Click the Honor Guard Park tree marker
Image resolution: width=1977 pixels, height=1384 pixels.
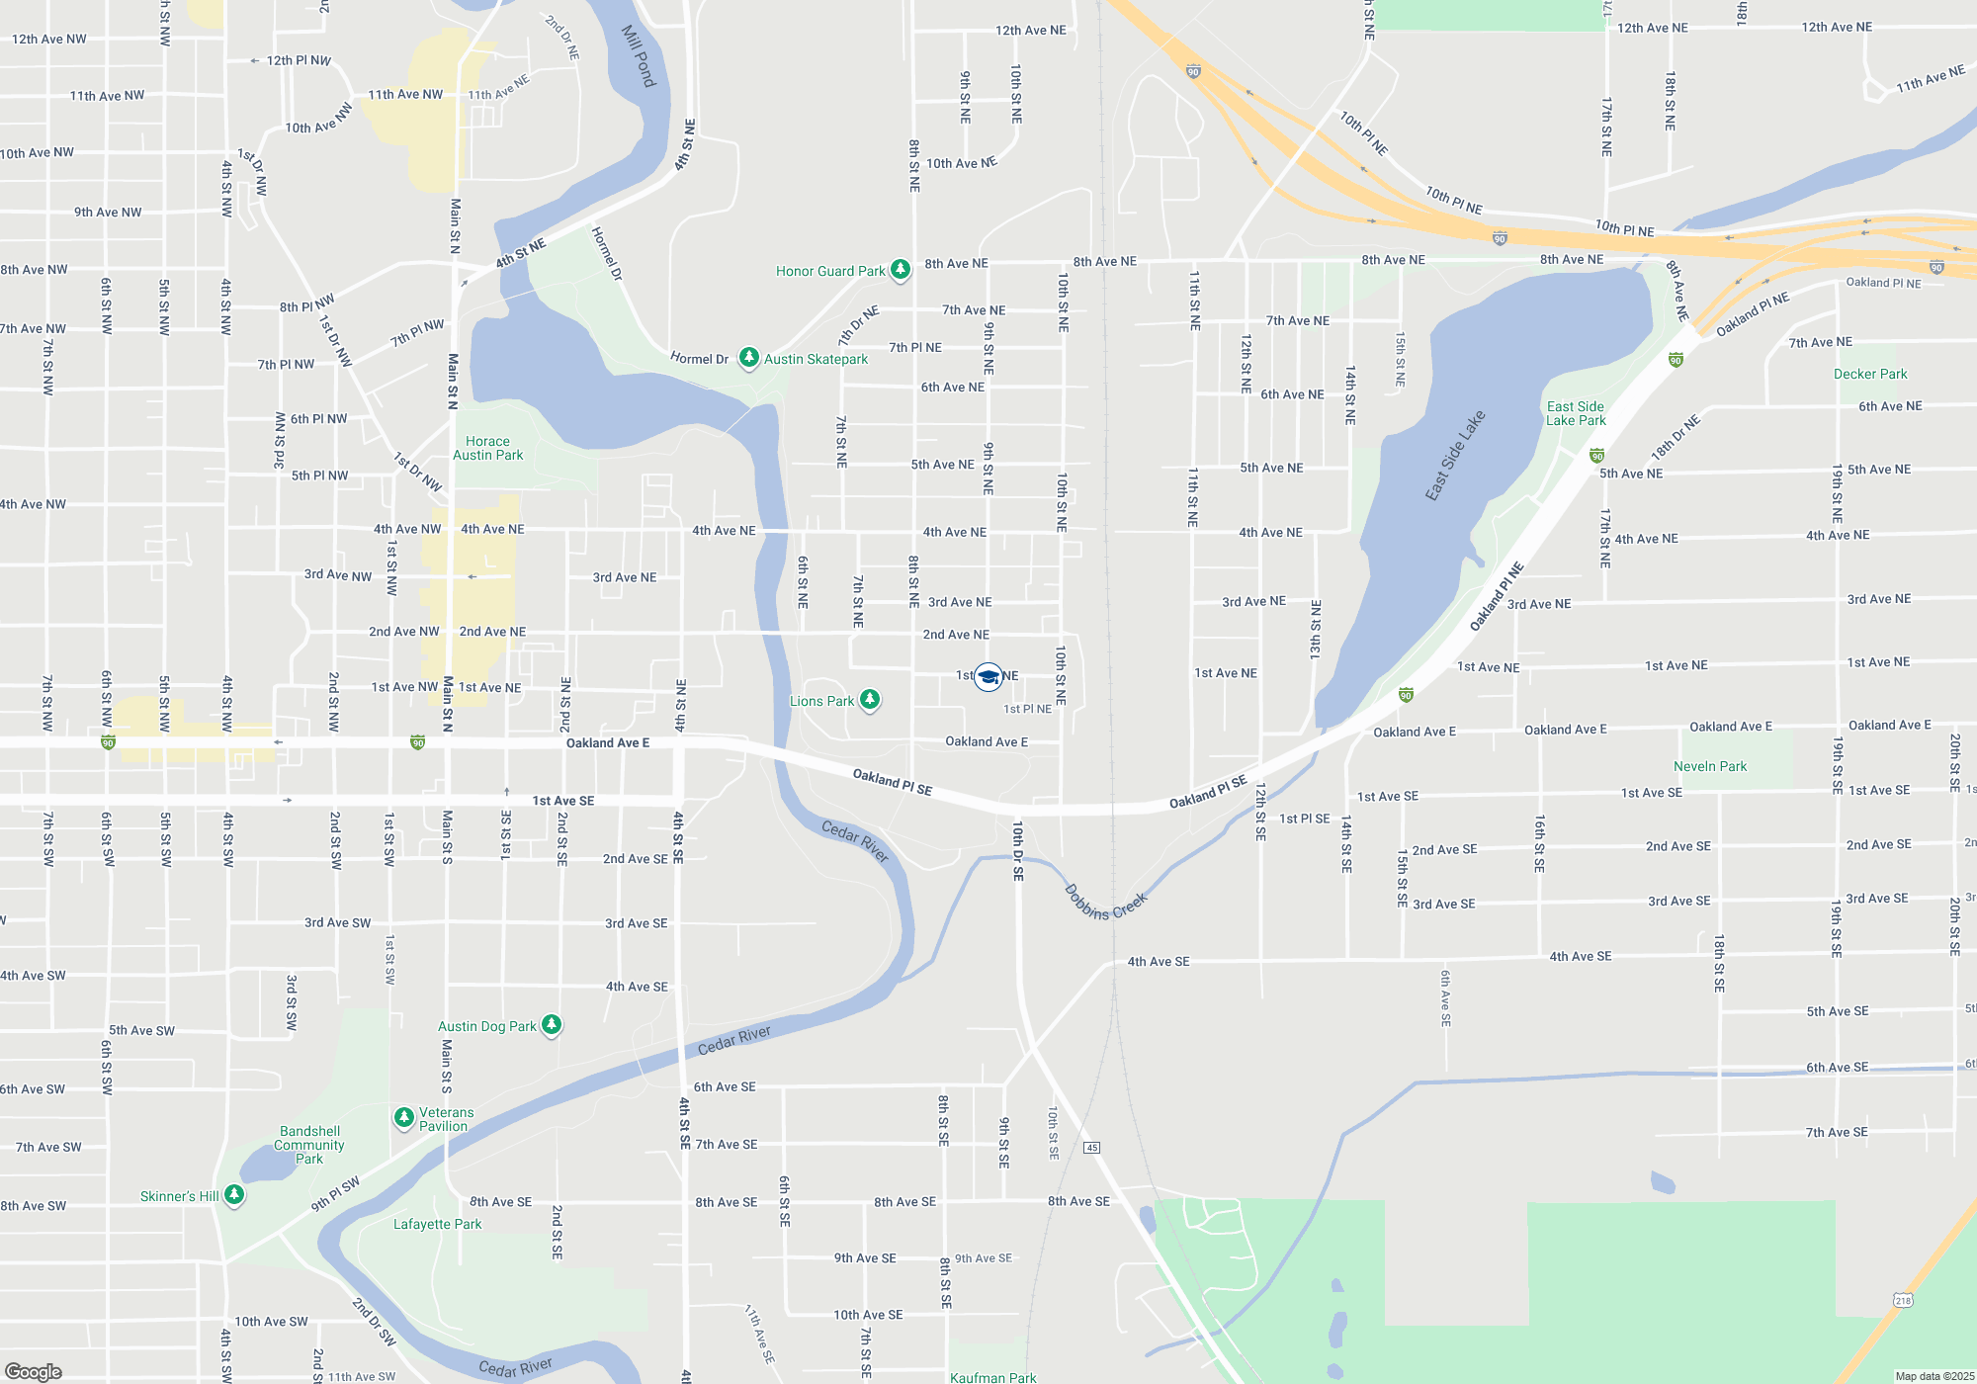pos(900,269)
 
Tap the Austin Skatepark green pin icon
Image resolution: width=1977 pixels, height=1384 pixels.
pos(749,357)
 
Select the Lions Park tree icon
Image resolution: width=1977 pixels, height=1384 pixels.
pos(869,700)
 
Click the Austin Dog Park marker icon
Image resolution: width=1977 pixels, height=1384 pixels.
pos(552,1025)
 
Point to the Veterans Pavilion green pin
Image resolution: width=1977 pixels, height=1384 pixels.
pos(403,1118)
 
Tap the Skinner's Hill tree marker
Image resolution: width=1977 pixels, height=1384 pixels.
pos(234,1195)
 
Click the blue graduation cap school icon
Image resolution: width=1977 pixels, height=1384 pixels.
pos(988,676)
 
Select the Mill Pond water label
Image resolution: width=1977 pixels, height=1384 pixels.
pos(639,55)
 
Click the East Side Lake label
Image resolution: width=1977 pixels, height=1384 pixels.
pos(1455,455)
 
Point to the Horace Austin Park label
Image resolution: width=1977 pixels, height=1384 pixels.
pos(488,449)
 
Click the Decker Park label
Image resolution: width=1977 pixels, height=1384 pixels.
pos(1870,374)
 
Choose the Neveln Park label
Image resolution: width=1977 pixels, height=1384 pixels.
pos(1710,766)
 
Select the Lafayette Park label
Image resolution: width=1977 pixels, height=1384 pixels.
pos(438,1224)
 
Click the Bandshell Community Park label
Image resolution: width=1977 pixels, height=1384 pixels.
pos(309,1145)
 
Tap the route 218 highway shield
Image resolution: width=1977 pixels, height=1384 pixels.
pos(1903,1300)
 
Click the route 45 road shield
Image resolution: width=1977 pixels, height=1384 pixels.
pos(1091,1147)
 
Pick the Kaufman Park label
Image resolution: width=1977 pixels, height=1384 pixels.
pos(993,1377)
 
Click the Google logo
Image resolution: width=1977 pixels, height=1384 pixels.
pos(34,1371)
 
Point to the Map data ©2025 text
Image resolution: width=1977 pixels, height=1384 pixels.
pos(1934,1376)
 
